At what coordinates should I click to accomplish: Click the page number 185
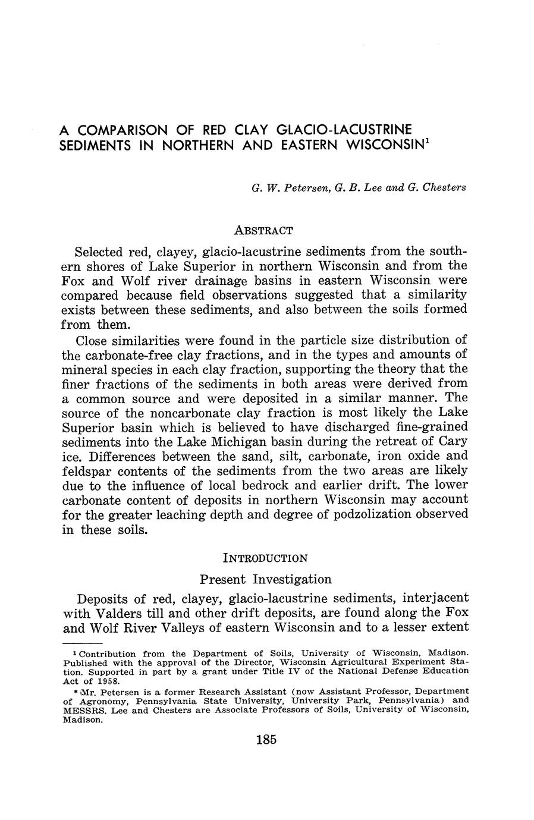[x=266, y=740]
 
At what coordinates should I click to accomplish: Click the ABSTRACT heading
[x=264, y=230]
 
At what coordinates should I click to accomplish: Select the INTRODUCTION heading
[x=265, y=558]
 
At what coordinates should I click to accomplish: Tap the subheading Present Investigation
[x=265, y=579]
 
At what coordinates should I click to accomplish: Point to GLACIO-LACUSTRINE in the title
[x=345, y=129]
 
